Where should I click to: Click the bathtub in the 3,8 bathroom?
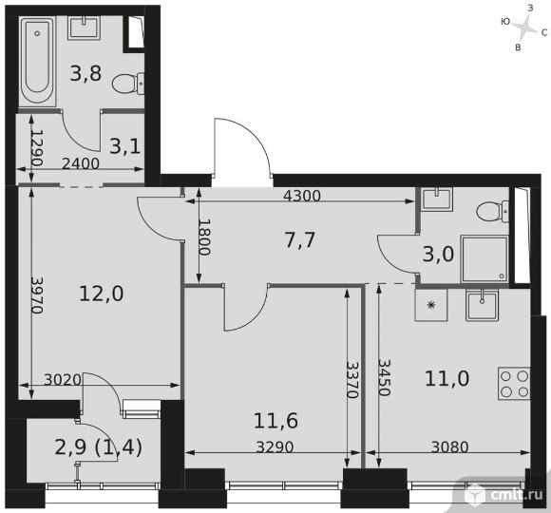click(x=37, y=61)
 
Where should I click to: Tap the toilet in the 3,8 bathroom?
click(x=128, y=84)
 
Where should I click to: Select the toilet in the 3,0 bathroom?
click(x=493, y=211)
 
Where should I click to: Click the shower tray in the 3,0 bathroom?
click(x=484, y=259)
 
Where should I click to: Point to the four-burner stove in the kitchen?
click(x=514, y=384)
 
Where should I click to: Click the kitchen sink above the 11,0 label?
click(x=482, y=305)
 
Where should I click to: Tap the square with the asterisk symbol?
click(x=430, y=305)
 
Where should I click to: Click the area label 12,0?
click(x=102, y=294)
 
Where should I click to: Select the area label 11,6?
click(x=275, y=421)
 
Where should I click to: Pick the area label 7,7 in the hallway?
click(x=299, y=240)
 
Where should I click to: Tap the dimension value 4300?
click(x=302, y=196)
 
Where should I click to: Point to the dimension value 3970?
click(x=37, y=295)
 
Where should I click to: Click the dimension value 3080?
click(x=449, y=447)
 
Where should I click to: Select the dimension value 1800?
click(x=204, y=237)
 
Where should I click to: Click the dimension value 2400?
click(x=81, y=163)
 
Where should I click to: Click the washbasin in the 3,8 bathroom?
click(x=85, y=27)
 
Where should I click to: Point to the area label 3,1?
click(x=125, y=146)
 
